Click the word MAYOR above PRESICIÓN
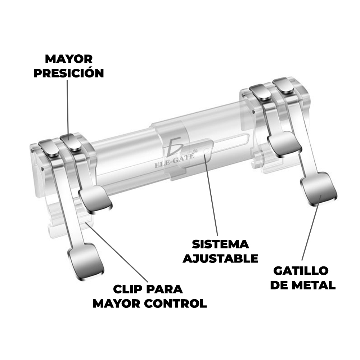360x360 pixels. [x=69, y=59]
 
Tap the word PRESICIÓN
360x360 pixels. [x=69, y=73]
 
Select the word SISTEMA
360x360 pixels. [x=220, y=244]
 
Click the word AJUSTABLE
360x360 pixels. [x=220, y=258]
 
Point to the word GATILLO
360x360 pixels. [x=301, y=271]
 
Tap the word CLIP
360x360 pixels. [x=128, y=289]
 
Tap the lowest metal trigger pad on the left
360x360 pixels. [x=86, y=262]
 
